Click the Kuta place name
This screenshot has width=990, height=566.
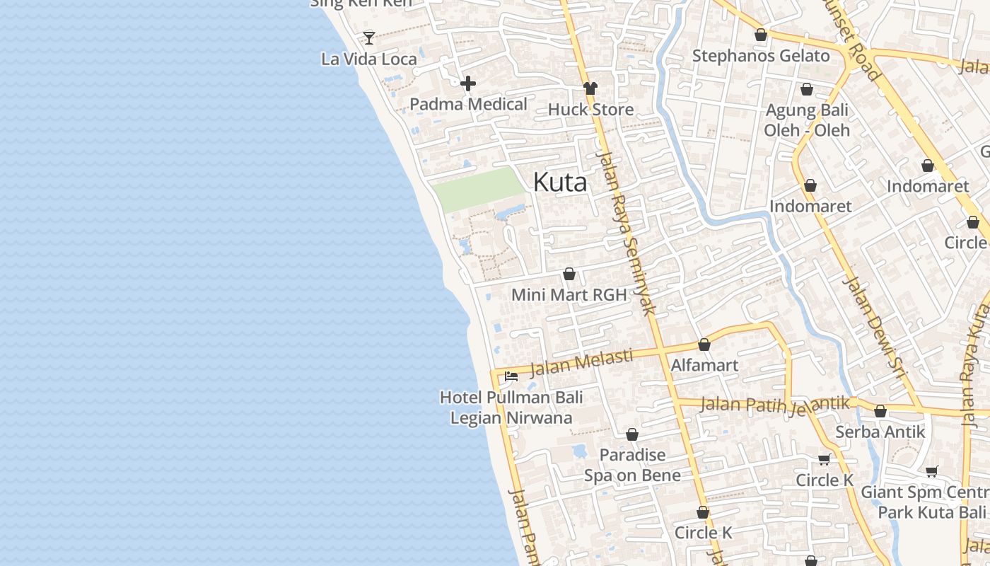[559, 183]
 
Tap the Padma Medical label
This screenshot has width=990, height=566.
[468, 104]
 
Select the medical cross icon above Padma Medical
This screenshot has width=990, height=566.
[468, 83]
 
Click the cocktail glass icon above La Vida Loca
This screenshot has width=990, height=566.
[369, 37]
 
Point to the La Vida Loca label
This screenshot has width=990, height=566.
[369, 59]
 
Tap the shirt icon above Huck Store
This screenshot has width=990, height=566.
[590, 88]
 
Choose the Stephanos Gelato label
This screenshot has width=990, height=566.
[761, 56]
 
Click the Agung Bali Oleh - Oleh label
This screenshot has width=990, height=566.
[807, 120]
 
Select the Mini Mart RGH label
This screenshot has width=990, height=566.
[569, 294]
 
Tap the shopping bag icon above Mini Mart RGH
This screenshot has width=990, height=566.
[569, 274]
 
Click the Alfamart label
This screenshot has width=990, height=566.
[704, 365]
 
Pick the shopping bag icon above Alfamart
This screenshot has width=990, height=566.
[704, 345]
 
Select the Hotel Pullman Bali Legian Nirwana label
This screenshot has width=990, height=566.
[511, 408]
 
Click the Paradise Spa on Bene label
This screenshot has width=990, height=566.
[632, 465]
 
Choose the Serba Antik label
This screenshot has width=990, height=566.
[880, 432]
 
